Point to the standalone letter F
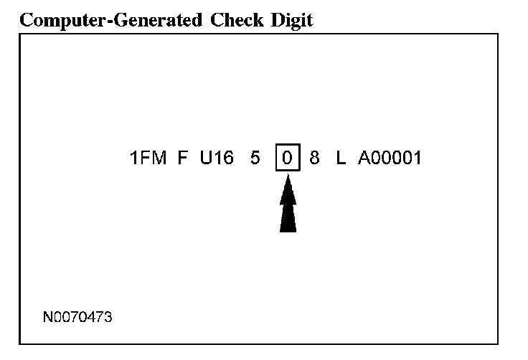[183, 158]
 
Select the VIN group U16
[217, 158]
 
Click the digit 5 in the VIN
[255, 158]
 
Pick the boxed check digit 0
[287, 158]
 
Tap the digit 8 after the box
[314, 158]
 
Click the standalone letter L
[341, 158]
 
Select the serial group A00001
[390, 158]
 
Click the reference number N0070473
[77, 316]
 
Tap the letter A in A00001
[364, 158]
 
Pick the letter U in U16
[206, 158]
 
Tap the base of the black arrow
[288, 229]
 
